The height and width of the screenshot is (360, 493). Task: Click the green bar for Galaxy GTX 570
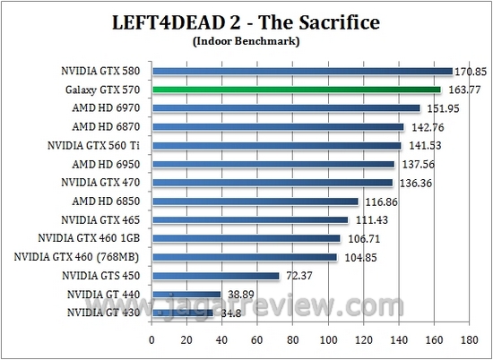tap(296, 90)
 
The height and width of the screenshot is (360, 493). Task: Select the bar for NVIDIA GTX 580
tap(302, 71)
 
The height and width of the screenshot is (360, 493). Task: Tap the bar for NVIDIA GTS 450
tap(216, 276)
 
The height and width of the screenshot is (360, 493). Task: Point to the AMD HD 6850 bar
tap(255, 201)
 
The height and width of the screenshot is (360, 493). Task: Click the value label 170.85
tap(471, 72)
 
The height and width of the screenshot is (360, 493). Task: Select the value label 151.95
tap(439, 109)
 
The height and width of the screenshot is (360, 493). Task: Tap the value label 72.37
tap(298, 277)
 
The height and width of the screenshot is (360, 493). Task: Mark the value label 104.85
tap(356, 258)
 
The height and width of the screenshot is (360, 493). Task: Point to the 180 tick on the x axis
tap(468, 340)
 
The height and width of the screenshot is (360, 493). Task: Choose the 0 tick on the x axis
tap(152, 340)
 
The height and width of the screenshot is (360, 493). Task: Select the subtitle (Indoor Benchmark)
tap(246, 41)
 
